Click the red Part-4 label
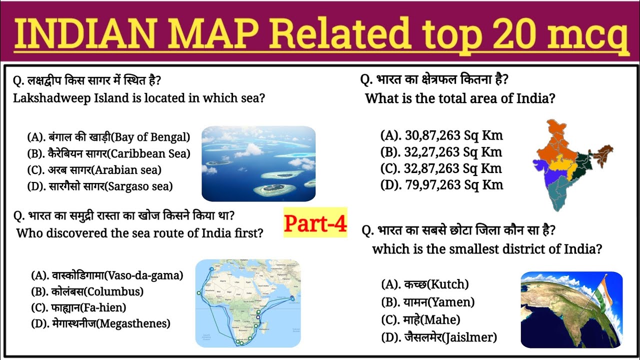[315, 223]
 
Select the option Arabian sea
[94, 170]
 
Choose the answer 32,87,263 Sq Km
[441, 168]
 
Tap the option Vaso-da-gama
[107, 275]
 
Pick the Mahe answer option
[420, 319]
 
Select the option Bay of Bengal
[108, 137]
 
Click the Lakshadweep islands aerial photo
[258, 163]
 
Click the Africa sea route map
[247, 303]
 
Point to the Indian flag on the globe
[605, 290]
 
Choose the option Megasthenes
[100, 323]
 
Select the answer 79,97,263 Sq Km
[441, 185]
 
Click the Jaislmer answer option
[439, 337]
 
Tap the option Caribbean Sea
[108, 153]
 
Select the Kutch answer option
[424, 284]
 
